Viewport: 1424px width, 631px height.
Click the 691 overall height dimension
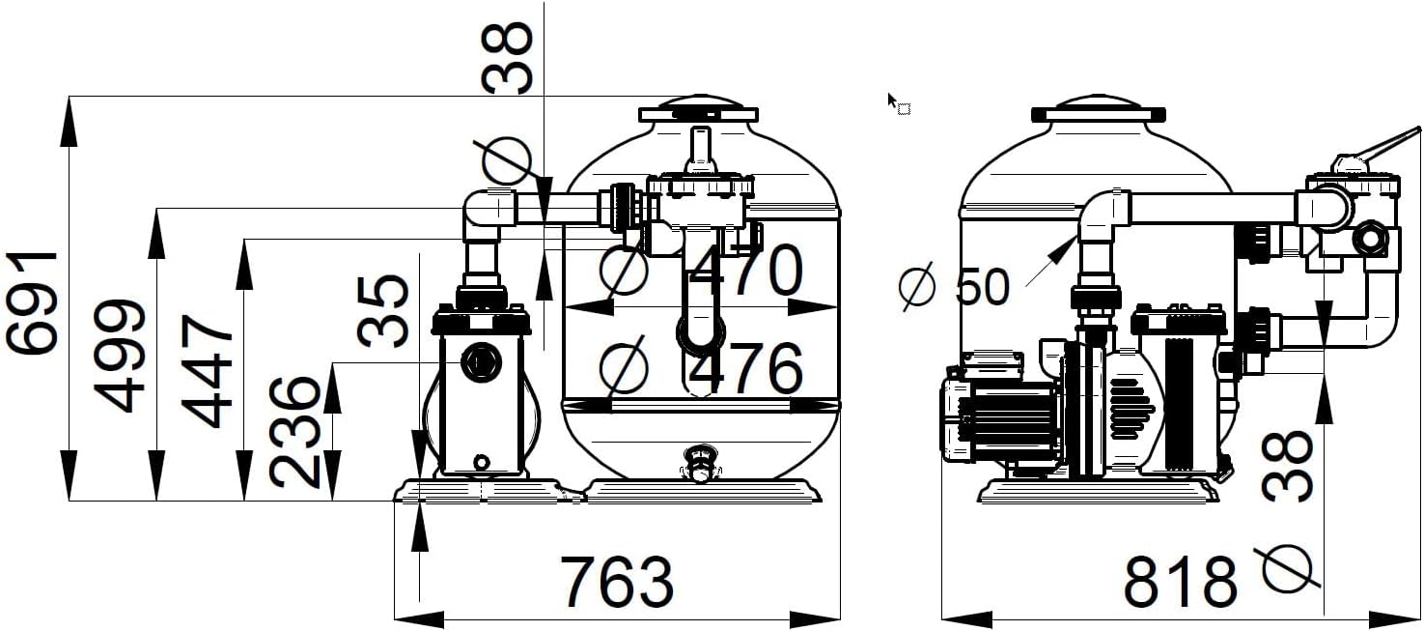pyautogui.click(x=32, y=302)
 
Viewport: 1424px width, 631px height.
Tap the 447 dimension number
pyautogui.click(x=208, y=371)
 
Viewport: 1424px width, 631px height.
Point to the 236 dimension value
pyautogui.click(x=293, y=432)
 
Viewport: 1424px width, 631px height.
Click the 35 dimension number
pyautogui.click(x=382, y=310)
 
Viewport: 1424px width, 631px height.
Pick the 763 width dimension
pyautogui.click(x=617, y=582)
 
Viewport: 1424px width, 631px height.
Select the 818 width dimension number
pyautogui.click(x=1181, y=582)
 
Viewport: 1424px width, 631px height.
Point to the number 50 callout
pyautogui.click(x=982, y=286)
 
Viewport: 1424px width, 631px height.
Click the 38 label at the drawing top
pyautogui.click(x=507, y=58)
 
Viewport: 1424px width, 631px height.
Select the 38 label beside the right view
pyautogui.click(x=1286, y=466)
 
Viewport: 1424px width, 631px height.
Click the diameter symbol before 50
pyautogui.click(x=917, y=286)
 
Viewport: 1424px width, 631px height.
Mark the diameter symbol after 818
pyautogui.click(x=1287, y=568)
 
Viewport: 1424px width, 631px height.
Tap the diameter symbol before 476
pyautogui.click(x=624, y=367)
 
